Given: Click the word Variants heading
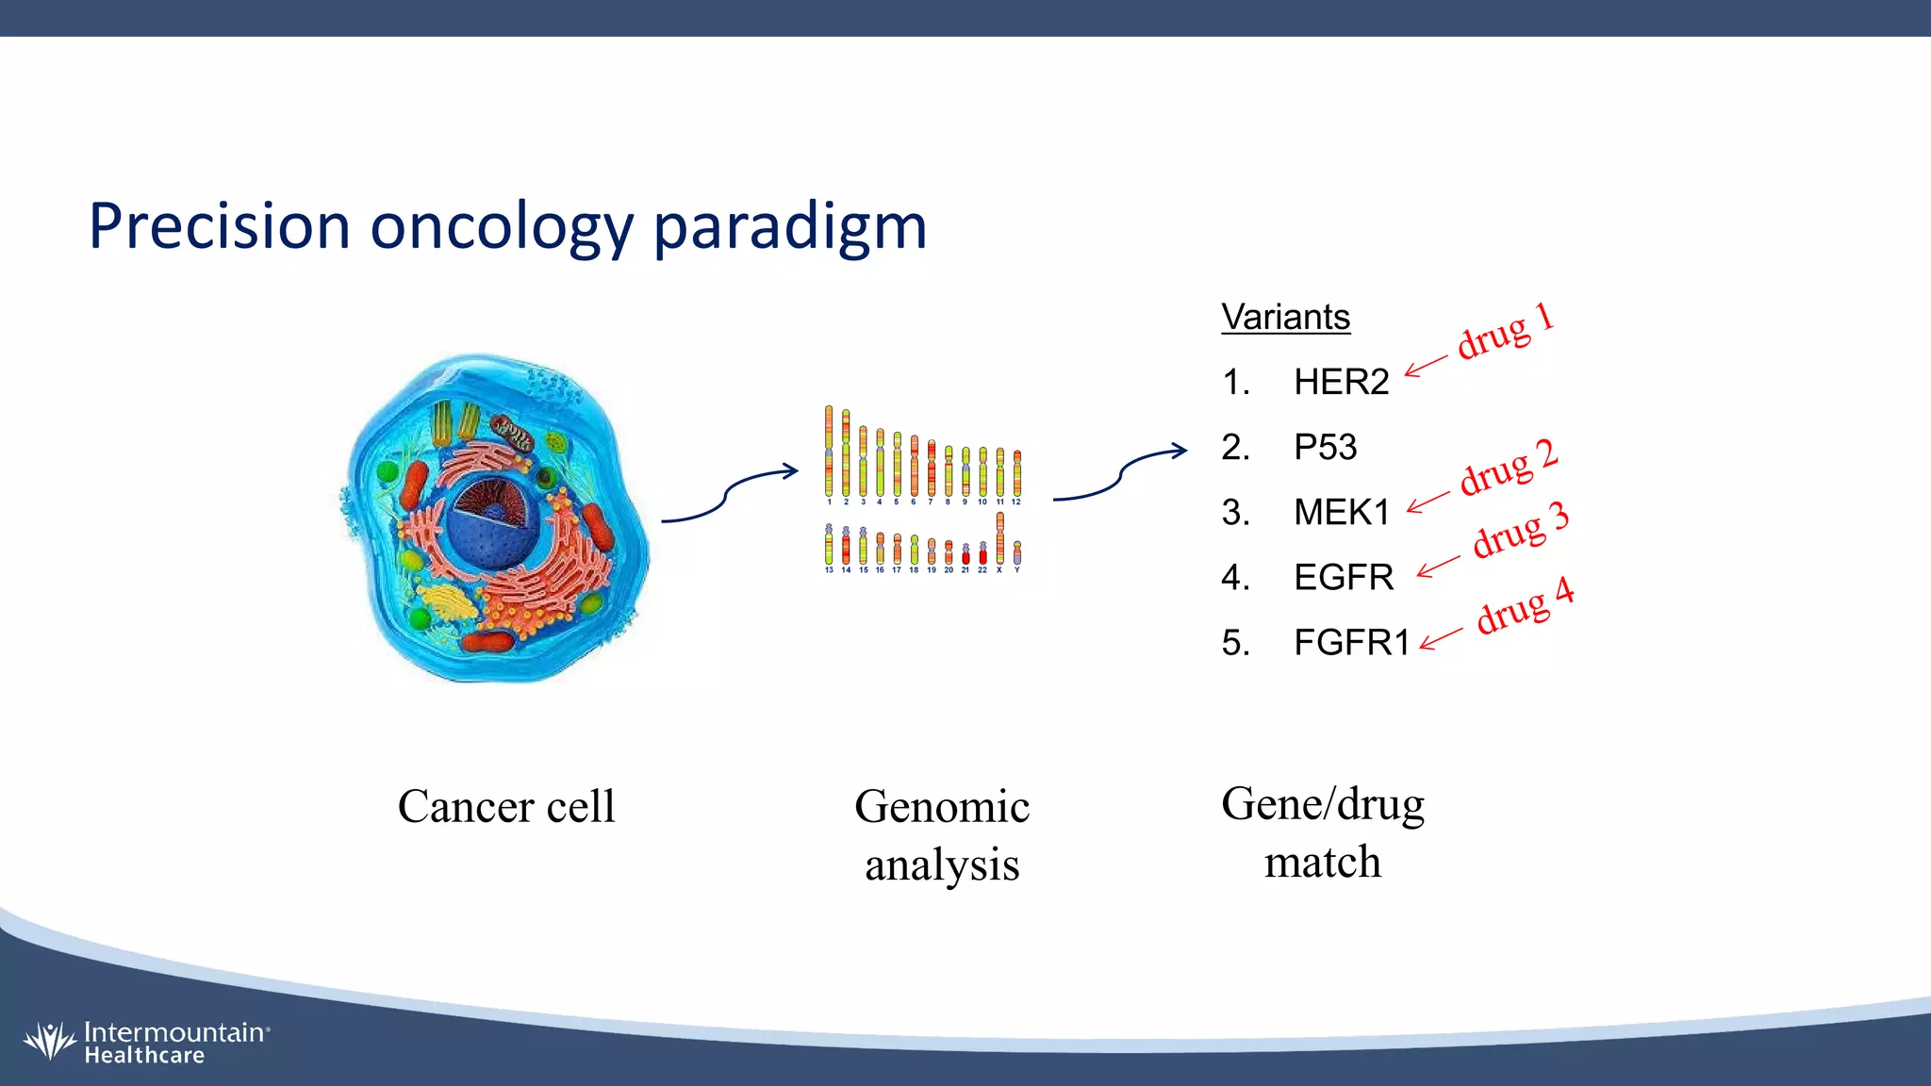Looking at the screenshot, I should click(1285, 317).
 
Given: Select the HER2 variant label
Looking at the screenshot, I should click(1341, 382).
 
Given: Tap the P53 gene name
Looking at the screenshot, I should click(1325, 447).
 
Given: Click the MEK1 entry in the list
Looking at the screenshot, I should click(1342, 512).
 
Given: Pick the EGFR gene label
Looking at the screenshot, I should click(1343, 577).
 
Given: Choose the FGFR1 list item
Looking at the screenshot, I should click(1351, 642).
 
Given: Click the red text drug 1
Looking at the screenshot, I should click(1505, 331).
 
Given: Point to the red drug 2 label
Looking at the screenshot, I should click(1508, 468).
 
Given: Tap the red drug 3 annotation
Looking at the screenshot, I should click(1520, 530).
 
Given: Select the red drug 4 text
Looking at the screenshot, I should click(1524, 606).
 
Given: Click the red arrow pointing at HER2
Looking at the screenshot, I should click(1425, 366).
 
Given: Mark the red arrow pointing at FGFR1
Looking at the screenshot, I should click(1441, 639).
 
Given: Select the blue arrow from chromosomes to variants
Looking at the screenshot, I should click(1119, 474).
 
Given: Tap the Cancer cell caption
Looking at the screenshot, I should click(506, 807).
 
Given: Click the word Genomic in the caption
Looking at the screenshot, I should click(941, 807).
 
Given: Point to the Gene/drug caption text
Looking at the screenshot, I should click(1322, 805).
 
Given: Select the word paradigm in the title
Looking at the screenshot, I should click(789, 227).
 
